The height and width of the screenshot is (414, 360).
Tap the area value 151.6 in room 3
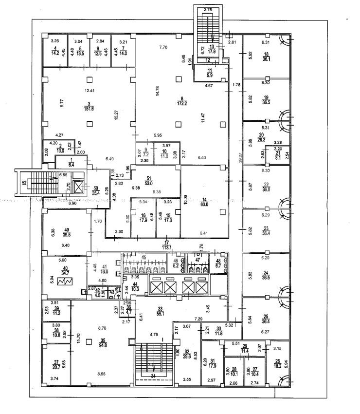pos(89,108)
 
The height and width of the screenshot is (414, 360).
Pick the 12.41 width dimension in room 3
pos(88,91)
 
